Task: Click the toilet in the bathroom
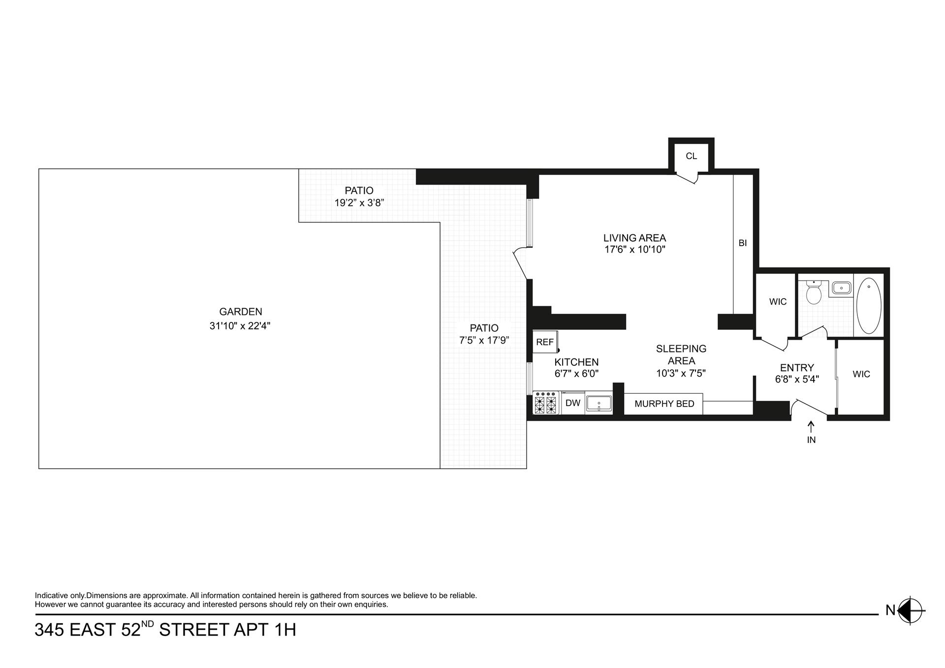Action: (x=814, y=294)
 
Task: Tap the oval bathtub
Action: (x=869, y=306)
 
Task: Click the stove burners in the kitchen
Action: (x=545, y=403)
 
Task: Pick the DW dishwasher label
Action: (x=573, y=403)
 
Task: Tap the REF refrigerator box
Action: (x=545, y=342)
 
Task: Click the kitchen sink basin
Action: (x=598, y=403)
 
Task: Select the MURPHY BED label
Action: (x=664, y=404)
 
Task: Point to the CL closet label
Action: (x=691, y=156)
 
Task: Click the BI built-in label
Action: (x=743, y=243)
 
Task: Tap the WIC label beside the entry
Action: (x=861, y=374)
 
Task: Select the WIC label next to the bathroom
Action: (x=778, y=302)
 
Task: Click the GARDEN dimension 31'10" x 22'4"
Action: (x=240, y=326)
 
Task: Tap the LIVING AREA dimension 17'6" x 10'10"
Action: (x=635, y=250)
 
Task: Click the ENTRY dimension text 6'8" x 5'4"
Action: (x=797, y=380)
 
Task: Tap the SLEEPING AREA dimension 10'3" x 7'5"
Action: (x=681, y=374)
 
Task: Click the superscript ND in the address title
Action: (x=147, y=624)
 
